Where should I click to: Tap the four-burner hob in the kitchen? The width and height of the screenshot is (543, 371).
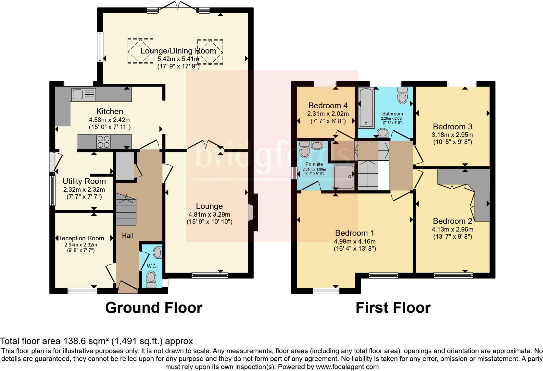[103, 141]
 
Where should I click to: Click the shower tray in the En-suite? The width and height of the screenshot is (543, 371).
[344, 176]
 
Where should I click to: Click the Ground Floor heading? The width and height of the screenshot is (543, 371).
[154, 307]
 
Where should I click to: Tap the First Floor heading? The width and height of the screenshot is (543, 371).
[393, 307]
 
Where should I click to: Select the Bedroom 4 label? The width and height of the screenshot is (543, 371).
[328, 105]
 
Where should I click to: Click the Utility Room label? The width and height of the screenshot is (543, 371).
[84, 181]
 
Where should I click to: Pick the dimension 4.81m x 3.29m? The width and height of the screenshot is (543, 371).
[209, 214]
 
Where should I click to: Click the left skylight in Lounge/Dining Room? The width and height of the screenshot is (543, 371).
[140, 51]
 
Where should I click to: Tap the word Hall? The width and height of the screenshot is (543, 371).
[127, 236]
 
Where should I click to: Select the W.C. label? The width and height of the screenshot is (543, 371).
[152, 266]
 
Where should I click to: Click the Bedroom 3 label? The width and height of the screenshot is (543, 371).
[452, 126]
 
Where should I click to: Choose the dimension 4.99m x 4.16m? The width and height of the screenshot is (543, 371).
[355, 241]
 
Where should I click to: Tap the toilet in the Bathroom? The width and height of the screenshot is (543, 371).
[402, 95]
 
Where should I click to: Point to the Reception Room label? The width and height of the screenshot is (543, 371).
[81, 238]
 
